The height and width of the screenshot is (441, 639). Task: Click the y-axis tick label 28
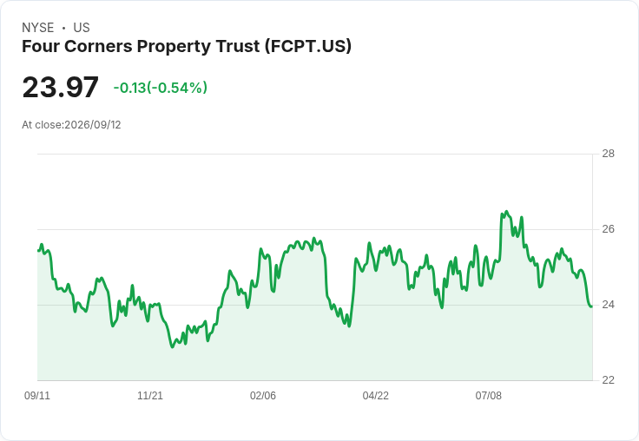click(x=608, y=154)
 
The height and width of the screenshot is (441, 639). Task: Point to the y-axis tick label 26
click(x=608, y=229)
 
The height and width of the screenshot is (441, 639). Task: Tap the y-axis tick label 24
click(x=608, y=305)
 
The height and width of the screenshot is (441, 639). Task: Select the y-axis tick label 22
click(x=608, y=380)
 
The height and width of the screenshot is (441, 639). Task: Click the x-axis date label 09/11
click(x=37, y=395)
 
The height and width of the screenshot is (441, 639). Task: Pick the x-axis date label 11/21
click(x=150, y=395)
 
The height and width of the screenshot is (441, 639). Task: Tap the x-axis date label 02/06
click(x=263, y=395)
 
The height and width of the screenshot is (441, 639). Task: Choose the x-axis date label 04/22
click(x=376, y=395)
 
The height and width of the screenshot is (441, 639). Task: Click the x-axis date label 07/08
click(x=488, y=395)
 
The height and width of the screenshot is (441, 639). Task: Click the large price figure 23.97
click(x=60, y=87)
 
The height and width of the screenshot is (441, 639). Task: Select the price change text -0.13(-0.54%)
click(x=160, y=88)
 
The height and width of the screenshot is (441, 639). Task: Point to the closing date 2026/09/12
click(x=93, y=125)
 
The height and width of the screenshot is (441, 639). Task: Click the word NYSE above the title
click(x=38, y=28)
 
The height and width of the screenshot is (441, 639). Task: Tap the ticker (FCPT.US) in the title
click(x=307, y=46)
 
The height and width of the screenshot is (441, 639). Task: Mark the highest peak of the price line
click(x=506, y=212)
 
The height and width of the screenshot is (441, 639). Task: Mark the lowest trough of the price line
click(x=173, y=347)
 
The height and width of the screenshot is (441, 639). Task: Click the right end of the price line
click(x=592, y=306)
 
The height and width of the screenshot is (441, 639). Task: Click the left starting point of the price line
click(x=38, y=251)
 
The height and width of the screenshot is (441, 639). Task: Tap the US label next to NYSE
click(x=82, y=28)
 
